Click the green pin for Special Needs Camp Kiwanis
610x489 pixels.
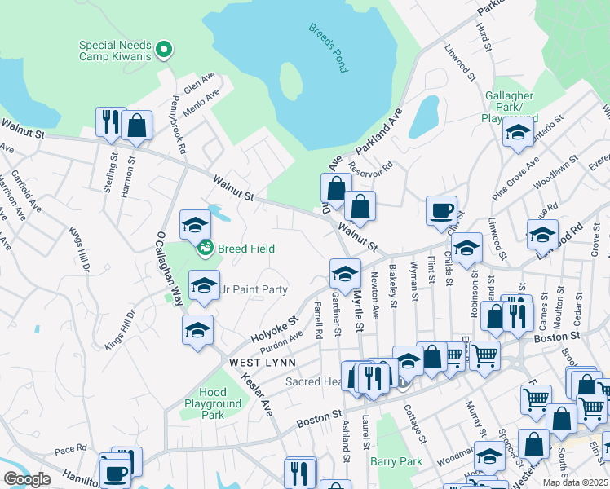164,51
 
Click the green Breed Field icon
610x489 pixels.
205,248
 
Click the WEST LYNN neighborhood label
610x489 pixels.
239,361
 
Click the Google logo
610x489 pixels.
27,478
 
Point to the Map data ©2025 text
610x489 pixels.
575,482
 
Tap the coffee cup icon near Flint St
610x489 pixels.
441,210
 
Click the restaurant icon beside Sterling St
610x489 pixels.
110,122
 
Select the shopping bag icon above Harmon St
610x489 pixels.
137,126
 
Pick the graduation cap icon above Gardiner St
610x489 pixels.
344,273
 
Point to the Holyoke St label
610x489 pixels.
276,329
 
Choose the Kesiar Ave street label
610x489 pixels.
256,395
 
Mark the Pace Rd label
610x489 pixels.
70,448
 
